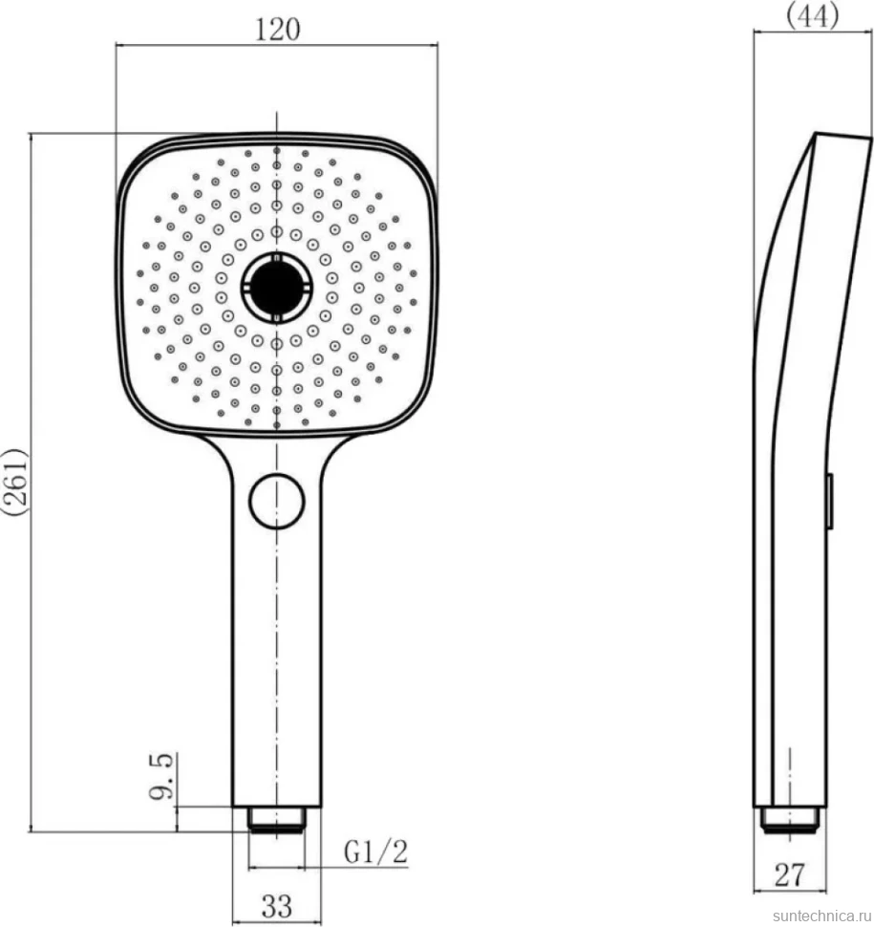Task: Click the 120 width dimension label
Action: tap(277, 29)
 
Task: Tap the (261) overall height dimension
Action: tap(14, 483)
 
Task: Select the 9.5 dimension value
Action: tap(161, 776)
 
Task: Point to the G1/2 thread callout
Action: tap(375, 852)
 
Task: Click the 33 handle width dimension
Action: tap(277, 905)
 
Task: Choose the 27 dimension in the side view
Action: tap(790, 874)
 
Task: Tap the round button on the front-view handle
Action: tap(277, 501)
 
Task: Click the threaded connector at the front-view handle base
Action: tap(277, 819)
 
